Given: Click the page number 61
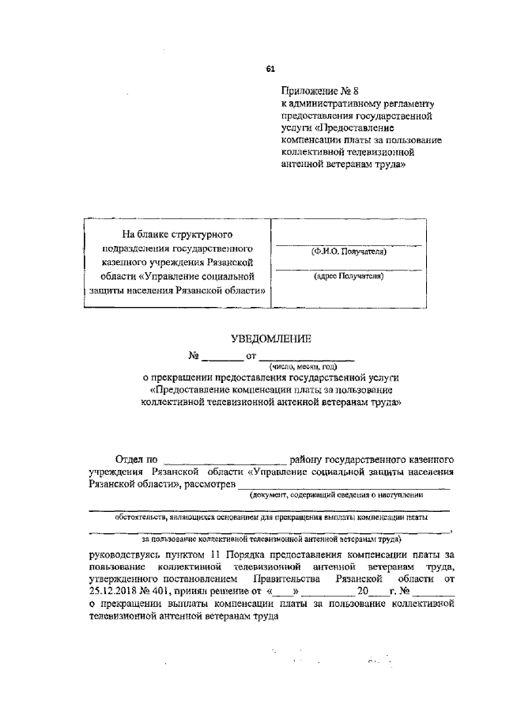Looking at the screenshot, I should coord(270,70).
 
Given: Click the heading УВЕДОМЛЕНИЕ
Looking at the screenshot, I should coord(270,339).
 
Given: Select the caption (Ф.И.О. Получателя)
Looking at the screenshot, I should coord(348,252).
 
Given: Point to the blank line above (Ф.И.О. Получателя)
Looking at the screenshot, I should coord(348,244).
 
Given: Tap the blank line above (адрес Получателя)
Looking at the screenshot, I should coord(348,269).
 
